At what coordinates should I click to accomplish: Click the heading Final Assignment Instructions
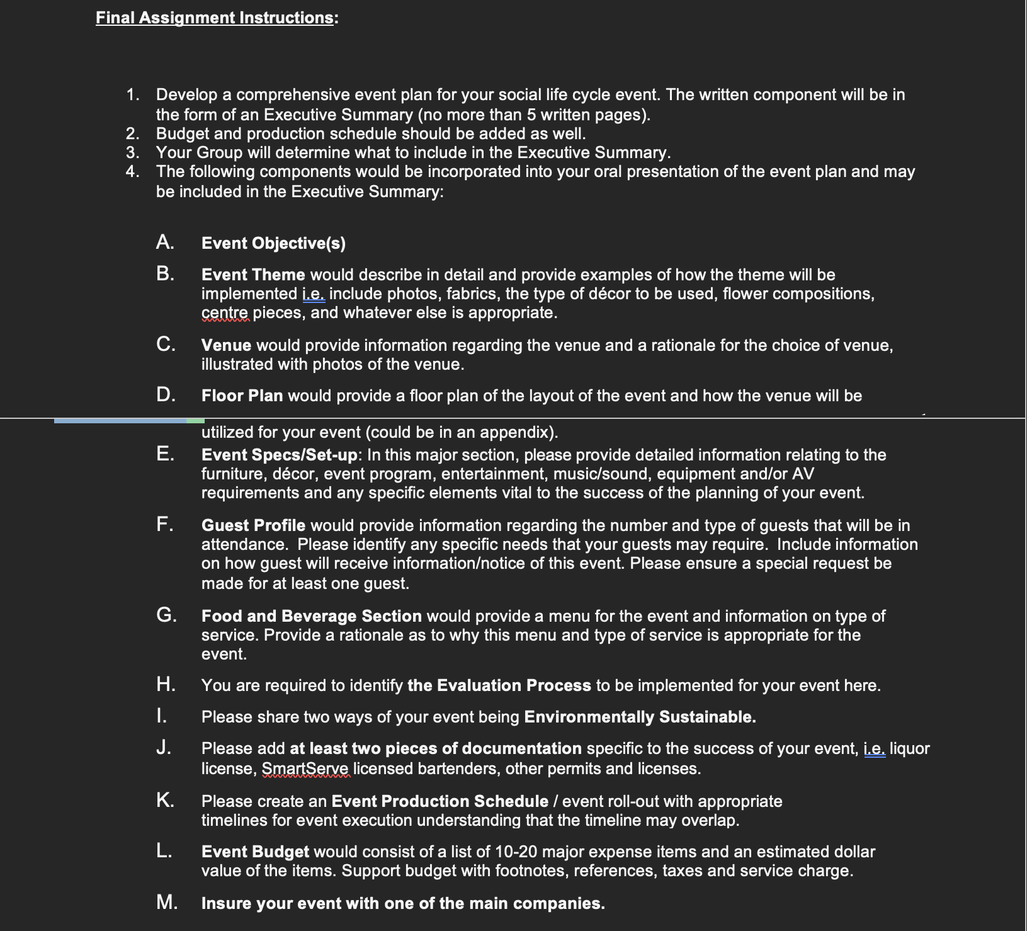214,18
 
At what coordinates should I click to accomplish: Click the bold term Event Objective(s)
273,244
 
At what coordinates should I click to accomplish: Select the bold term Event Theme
253,275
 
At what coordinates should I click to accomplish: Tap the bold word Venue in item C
226,346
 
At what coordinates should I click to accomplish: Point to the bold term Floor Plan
242,396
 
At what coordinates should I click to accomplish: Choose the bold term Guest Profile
253,526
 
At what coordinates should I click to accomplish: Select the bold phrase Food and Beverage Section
311,617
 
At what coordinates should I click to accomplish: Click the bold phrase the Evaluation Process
499,686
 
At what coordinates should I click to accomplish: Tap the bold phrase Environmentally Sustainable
639,717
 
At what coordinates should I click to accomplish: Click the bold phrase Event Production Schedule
440,802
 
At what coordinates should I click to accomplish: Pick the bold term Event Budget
255,852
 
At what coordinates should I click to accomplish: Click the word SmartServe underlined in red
305,769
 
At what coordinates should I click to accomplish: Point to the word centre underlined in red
225,313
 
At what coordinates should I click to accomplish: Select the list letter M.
166,903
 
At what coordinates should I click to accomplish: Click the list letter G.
166,615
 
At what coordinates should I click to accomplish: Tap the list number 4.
132,172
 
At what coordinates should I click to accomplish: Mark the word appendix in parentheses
514,433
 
